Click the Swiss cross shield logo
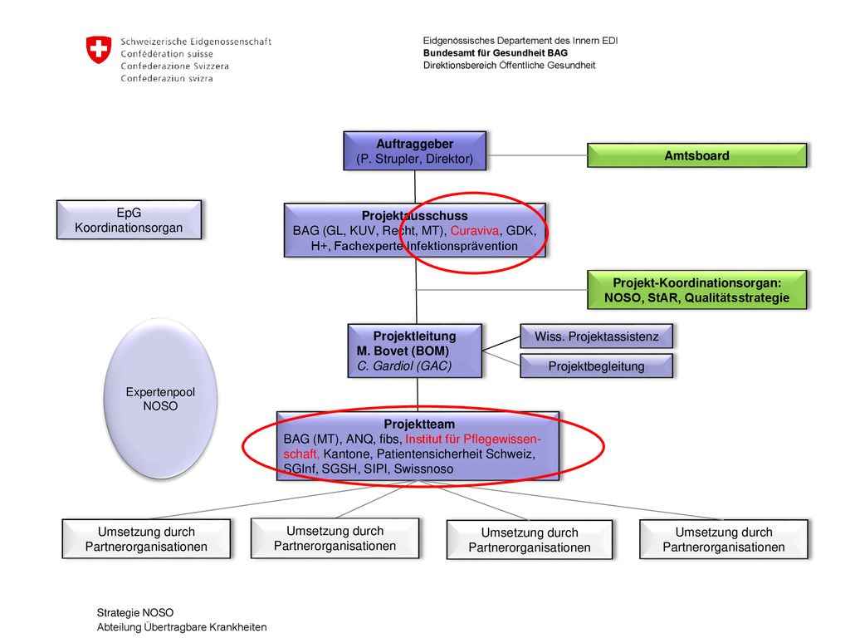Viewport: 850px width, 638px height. [99, 49]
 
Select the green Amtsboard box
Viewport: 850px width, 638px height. [696, 155]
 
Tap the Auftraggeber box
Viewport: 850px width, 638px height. [415, 151]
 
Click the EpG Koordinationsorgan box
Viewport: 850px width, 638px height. [129, 219]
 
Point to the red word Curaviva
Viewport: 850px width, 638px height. [474, 231]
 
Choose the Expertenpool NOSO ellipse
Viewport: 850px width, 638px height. [160, 399]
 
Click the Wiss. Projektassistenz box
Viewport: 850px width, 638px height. [596, 336]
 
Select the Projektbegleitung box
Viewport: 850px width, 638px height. [596, 366]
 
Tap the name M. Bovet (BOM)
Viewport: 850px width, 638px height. [403, 351]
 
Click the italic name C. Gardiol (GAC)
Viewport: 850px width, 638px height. [404, 366]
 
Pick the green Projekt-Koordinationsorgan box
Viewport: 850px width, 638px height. [696, 290]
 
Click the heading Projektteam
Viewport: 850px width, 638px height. [419, 425]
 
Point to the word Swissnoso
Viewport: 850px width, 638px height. [423, 469]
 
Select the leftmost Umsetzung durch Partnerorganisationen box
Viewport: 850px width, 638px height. [146, 538]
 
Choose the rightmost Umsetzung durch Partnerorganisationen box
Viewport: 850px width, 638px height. [724, 539]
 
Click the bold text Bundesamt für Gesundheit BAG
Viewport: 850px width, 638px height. [496, 52]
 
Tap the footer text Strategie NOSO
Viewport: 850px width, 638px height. [135, 612]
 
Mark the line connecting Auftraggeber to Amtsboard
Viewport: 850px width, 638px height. [537, 155]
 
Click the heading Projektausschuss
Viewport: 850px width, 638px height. [415, 215]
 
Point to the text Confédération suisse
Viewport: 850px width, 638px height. [167, 54]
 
